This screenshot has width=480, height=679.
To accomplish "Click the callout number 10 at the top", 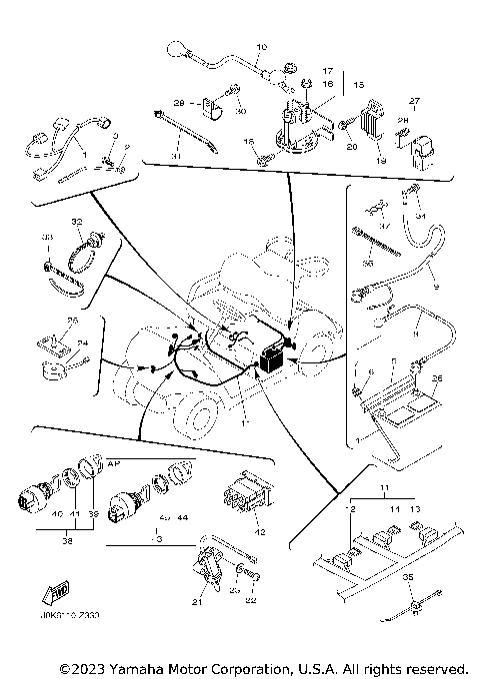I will (263, 48).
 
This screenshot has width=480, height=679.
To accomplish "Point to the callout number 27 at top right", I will (414, 101).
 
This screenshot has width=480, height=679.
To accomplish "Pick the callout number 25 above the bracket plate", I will (71, 321).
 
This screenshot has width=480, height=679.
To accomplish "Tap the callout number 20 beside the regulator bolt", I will (351, 147).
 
